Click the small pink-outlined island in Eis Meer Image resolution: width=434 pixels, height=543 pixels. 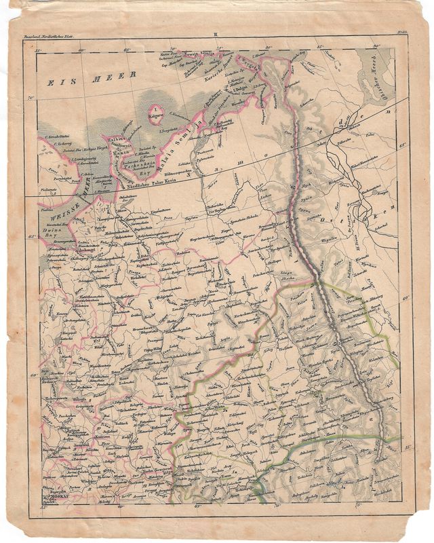click(x=156, y=110)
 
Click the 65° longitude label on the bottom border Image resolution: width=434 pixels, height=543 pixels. click(x=198, y=506)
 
